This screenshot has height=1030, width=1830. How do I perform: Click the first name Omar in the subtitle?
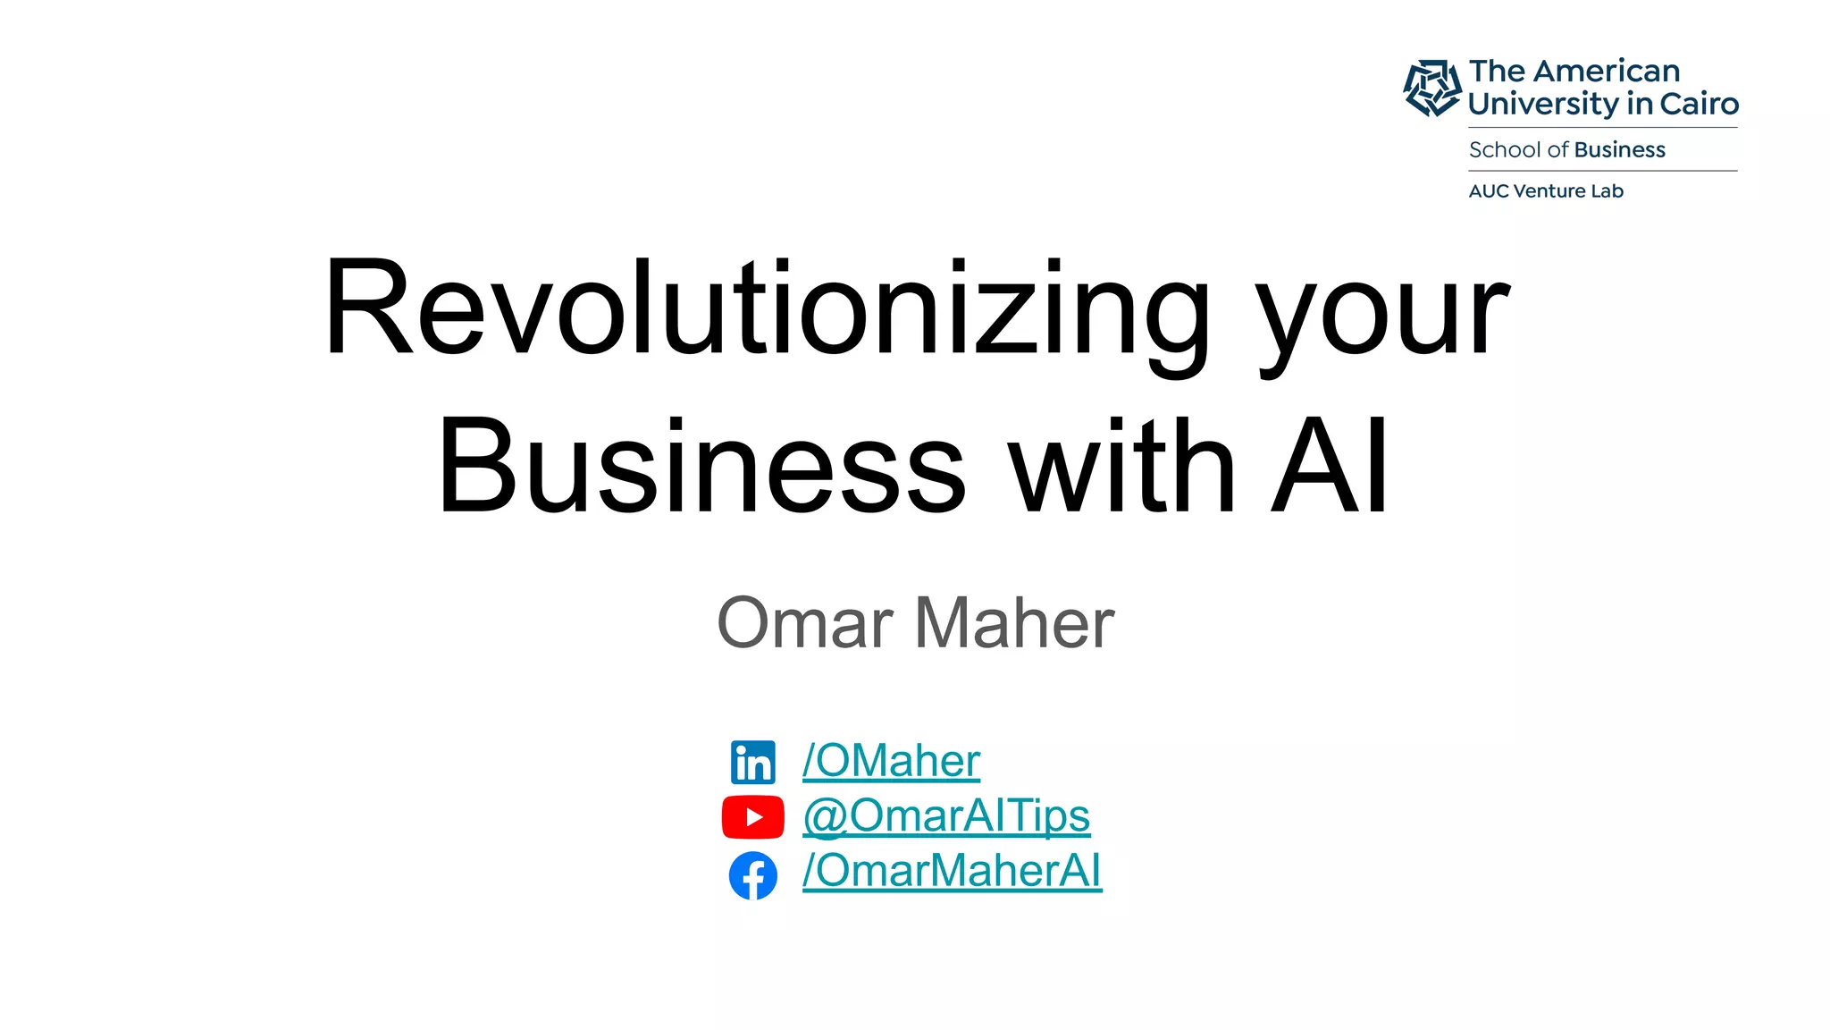[805, 622]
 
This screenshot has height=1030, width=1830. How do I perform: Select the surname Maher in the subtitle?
[1015, 622]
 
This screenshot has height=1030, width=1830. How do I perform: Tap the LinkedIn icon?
[752, 763]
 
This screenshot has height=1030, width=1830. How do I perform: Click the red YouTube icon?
[752, 817]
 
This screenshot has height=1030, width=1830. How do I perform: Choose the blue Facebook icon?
[752, 875]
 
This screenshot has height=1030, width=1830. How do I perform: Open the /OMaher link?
[891, 761]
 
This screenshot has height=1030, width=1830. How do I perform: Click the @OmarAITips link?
[946, 815]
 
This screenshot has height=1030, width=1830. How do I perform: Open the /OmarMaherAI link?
[952, 871]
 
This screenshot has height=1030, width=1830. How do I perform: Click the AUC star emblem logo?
[1432, 88]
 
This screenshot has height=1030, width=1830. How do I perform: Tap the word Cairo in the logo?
[1700, 104]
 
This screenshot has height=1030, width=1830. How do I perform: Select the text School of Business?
[1566, 149]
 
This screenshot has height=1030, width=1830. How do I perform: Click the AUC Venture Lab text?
[1546, 190]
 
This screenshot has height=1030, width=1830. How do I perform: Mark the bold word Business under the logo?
[1620, 149]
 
